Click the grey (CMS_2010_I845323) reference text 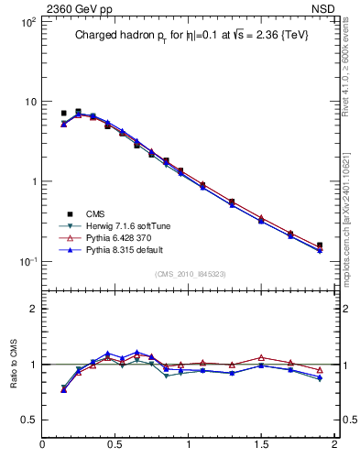click(x=190, y=273)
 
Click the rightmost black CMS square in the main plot click(x=320, y=245)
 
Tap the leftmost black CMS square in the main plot click(x=63, y=114)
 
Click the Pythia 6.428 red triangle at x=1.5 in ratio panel click(x=261, y=357)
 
